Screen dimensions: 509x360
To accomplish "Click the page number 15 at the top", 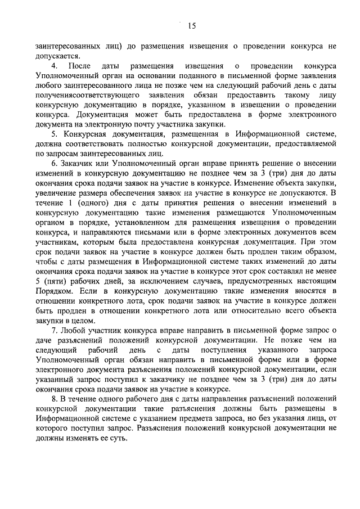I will [x=191, y=25].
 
